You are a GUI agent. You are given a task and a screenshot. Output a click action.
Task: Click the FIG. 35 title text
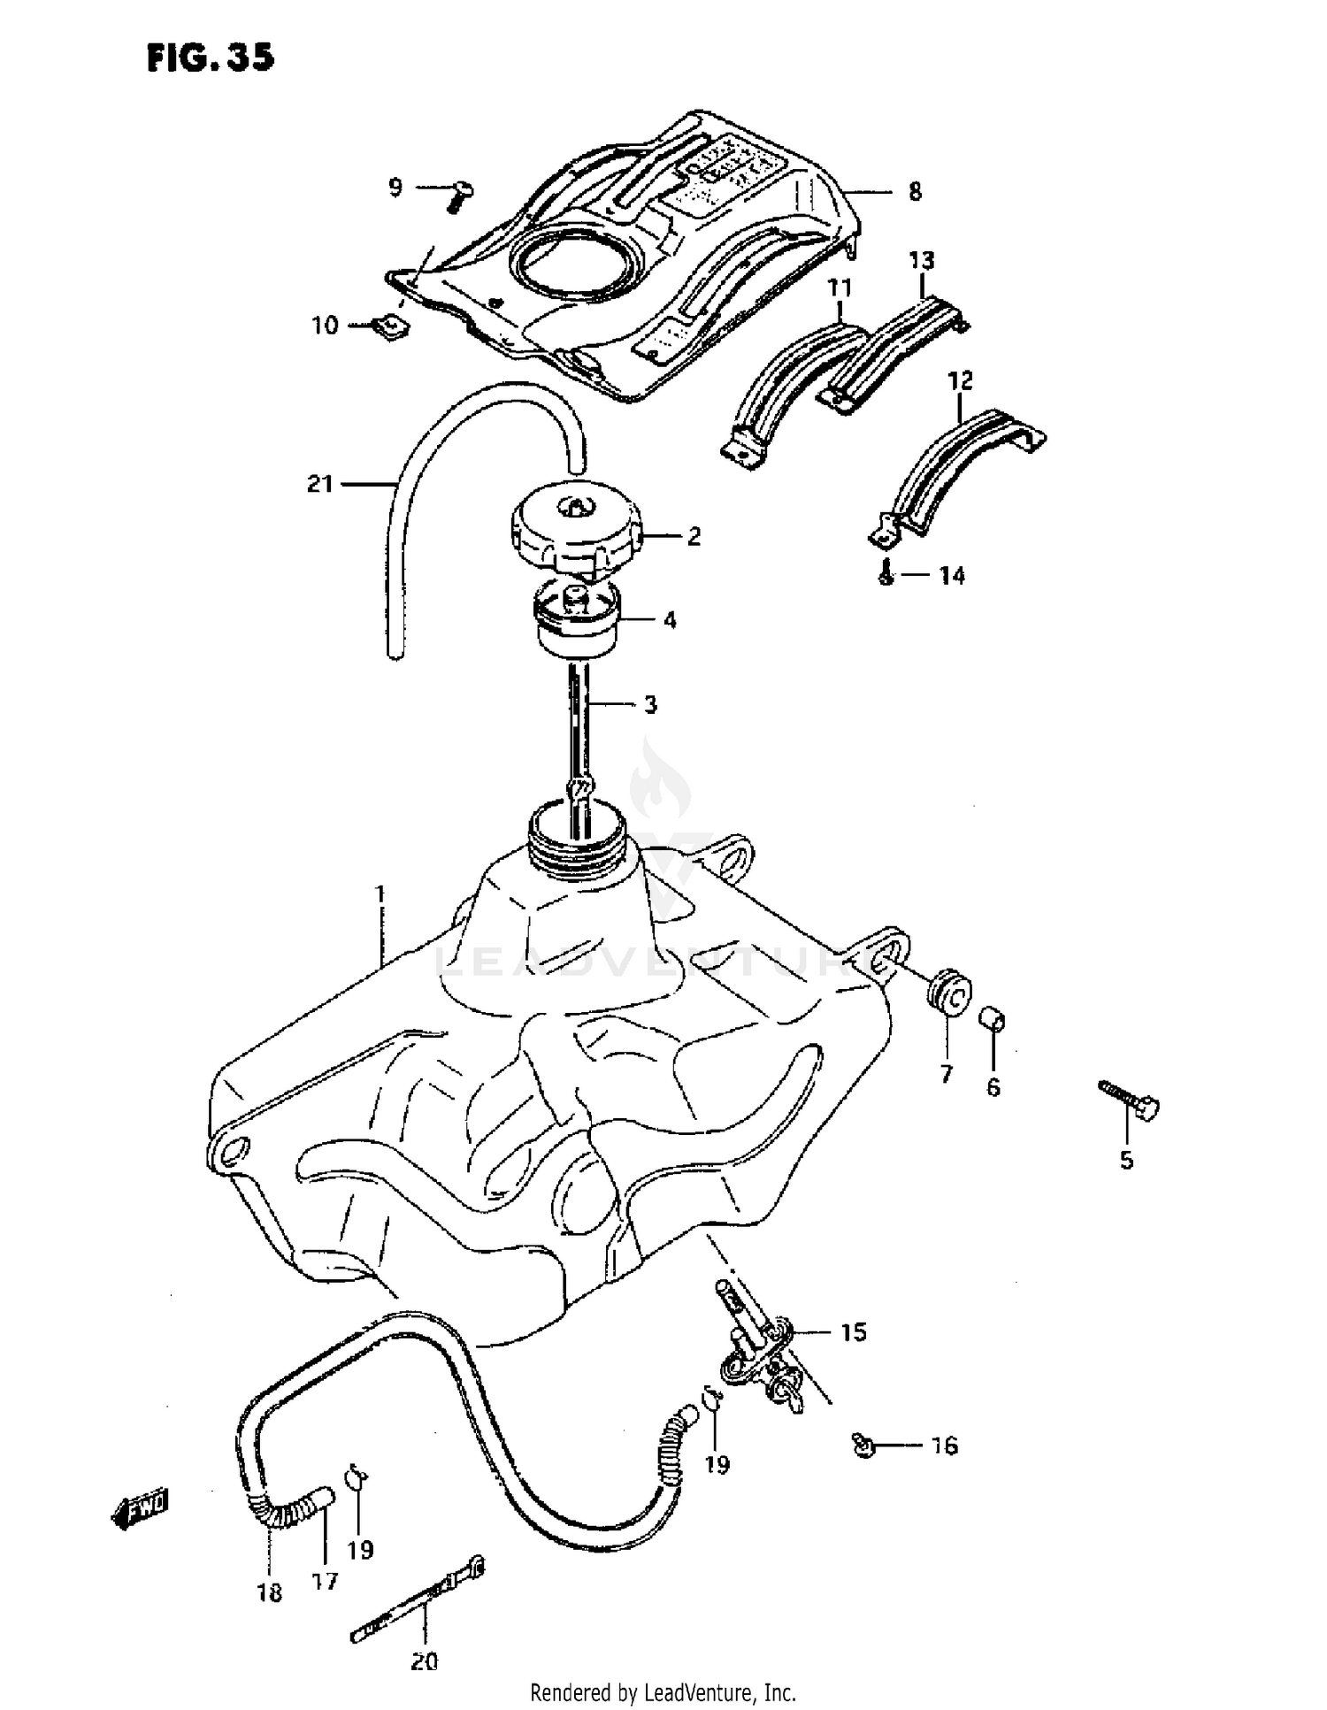pos(211,58)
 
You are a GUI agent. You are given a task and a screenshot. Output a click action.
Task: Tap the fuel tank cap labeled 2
pos(574,528)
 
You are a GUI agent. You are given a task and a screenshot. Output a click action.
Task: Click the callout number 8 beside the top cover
pos(915,192)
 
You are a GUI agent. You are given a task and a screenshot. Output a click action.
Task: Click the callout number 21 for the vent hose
pos(319,484)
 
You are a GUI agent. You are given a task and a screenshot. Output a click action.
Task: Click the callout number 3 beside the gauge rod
pos(650,705)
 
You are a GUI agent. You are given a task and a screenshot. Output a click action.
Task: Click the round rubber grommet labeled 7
pos(950,989)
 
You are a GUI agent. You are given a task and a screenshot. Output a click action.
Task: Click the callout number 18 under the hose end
pos(269,1593)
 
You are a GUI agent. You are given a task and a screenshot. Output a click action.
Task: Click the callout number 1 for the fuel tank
pos(380,894)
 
